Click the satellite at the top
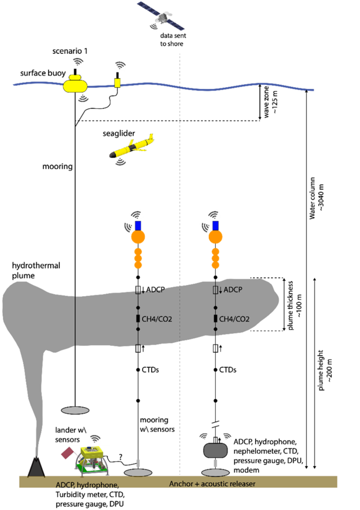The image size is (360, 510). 160,15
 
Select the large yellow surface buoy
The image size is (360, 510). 75,85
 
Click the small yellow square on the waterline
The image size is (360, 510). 117,83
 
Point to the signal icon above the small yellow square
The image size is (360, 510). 121,65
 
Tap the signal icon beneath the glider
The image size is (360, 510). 121,160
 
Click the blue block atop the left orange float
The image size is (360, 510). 138,225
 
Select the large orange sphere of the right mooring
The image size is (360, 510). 215,236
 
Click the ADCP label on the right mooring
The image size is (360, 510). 233,290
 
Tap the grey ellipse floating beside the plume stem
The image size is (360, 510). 75,410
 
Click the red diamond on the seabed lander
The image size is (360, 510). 68,453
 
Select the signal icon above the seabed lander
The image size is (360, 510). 95,439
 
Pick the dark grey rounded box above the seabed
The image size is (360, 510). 215,450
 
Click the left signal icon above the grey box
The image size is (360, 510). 204,436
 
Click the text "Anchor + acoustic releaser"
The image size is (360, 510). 212,484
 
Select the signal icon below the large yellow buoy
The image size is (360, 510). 83,99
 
